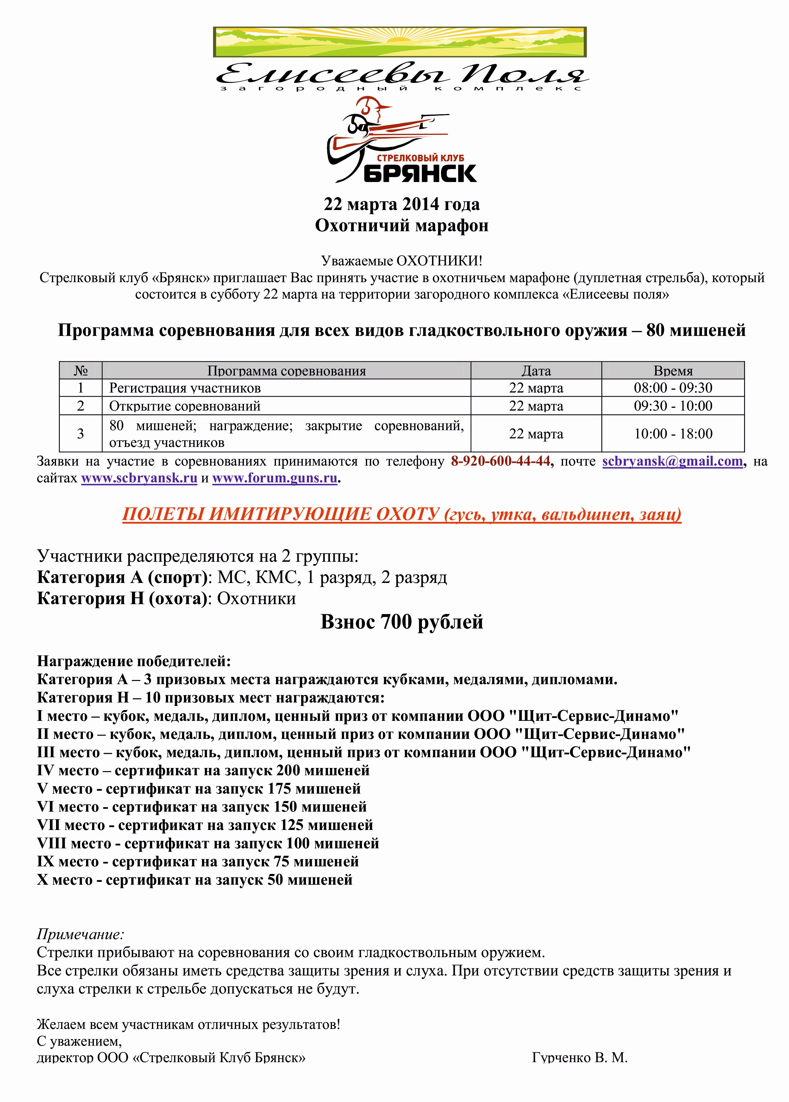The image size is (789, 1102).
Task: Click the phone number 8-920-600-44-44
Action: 500,461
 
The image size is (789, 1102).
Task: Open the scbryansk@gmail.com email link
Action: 673,461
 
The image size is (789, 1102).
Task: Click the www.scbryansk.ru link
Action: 139,478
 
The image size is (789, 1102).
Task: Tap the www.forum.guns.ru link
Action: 274,478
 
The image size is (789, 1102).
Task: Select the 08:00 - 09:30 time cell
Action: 673,388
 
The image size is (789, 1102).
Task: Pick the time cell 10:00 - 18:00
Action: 673,434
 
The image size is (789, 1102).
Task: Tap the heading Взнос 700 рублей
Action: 402,622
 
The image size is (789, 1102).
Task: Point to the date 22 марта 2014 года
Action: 402,204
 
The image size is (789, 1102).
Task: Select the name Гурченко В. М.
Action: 579,1057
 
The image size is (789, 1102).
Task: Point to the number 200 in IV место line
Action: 288,771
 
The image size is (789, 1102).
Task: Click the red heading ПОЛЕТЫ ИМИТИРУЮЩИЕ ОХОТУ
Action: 281,514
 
